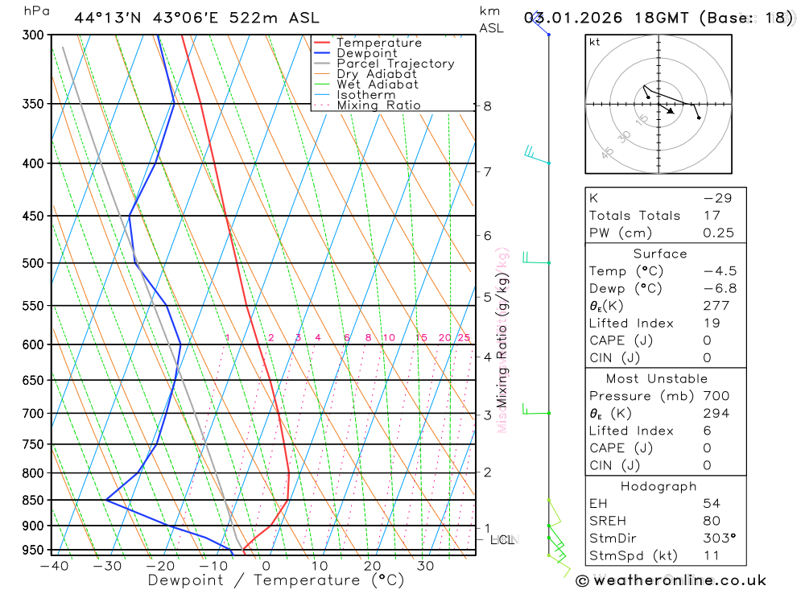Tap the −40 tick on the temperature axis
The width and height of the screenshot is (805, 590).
tap(53, 566)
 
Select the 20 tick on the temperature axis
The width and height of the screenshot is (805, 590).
tap(372, 566)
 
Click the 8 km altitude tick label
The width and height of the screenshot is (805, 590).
tap(487, 105)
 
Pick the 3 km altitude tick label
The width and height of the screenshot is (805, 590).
tap(487, 415)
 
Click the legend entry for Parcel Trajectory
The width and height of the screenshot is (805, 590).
tap(395, 64)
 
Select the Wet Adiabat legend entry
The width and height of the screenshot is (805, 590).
tap(378, 85)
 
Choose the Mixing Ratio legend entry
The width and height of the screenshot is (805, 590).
tap(378, 105)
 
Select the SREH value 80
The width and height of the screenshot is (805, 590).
tap(712, 521)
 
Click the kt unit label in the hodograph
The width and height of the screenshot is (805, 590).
tap(595, 43)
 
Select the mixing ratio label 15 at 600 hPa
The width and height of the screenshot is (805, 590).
tap(420, 338)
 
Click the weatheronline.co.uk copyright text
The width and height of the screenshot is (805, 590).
tap(671, 580)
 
